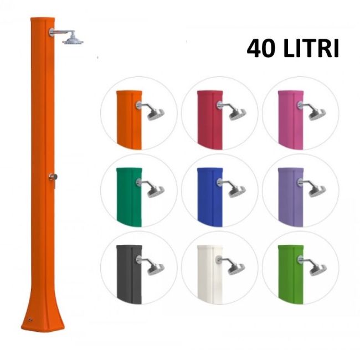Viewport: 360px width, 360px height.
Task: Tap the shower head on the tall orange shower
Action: pyautogui.click(x=73, y=40)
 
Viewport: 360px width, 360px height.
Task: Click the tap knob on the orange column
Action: pyautogui.click(x=52, y=177)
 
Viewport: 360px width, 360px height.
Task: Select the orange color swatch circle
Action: pyautogui.click(x=138, y=114)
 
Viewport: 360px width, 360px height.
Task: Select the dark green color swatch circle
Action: pyautogui.click(x=138, y=191)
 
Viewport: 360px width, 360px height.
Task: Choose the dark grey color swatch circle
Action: pyautogui.click(x=138, y=268)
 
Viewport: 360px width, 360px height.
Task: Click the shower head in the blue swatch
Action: pyautogui.click(x=236, y=192)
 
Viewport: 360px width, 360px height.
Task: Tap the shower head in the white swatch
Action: pyautogui.click(x=236, y=269)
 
